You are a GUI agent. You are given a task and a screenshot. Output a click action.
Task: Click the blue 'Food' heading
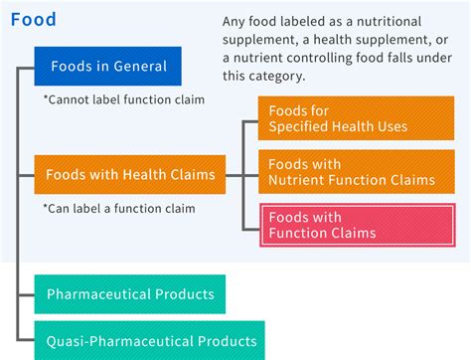[x=34, y=19]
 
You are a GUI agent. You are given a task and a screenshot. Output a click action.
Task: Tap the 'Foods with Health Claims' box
[x=130, y=175]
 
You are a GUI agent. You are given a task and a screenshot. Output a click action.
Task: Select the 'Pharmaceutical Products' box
[x=130, y=294]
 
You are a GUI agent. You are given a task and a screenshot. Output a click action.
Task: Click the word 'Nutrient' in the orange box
[x=300, y=181]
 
